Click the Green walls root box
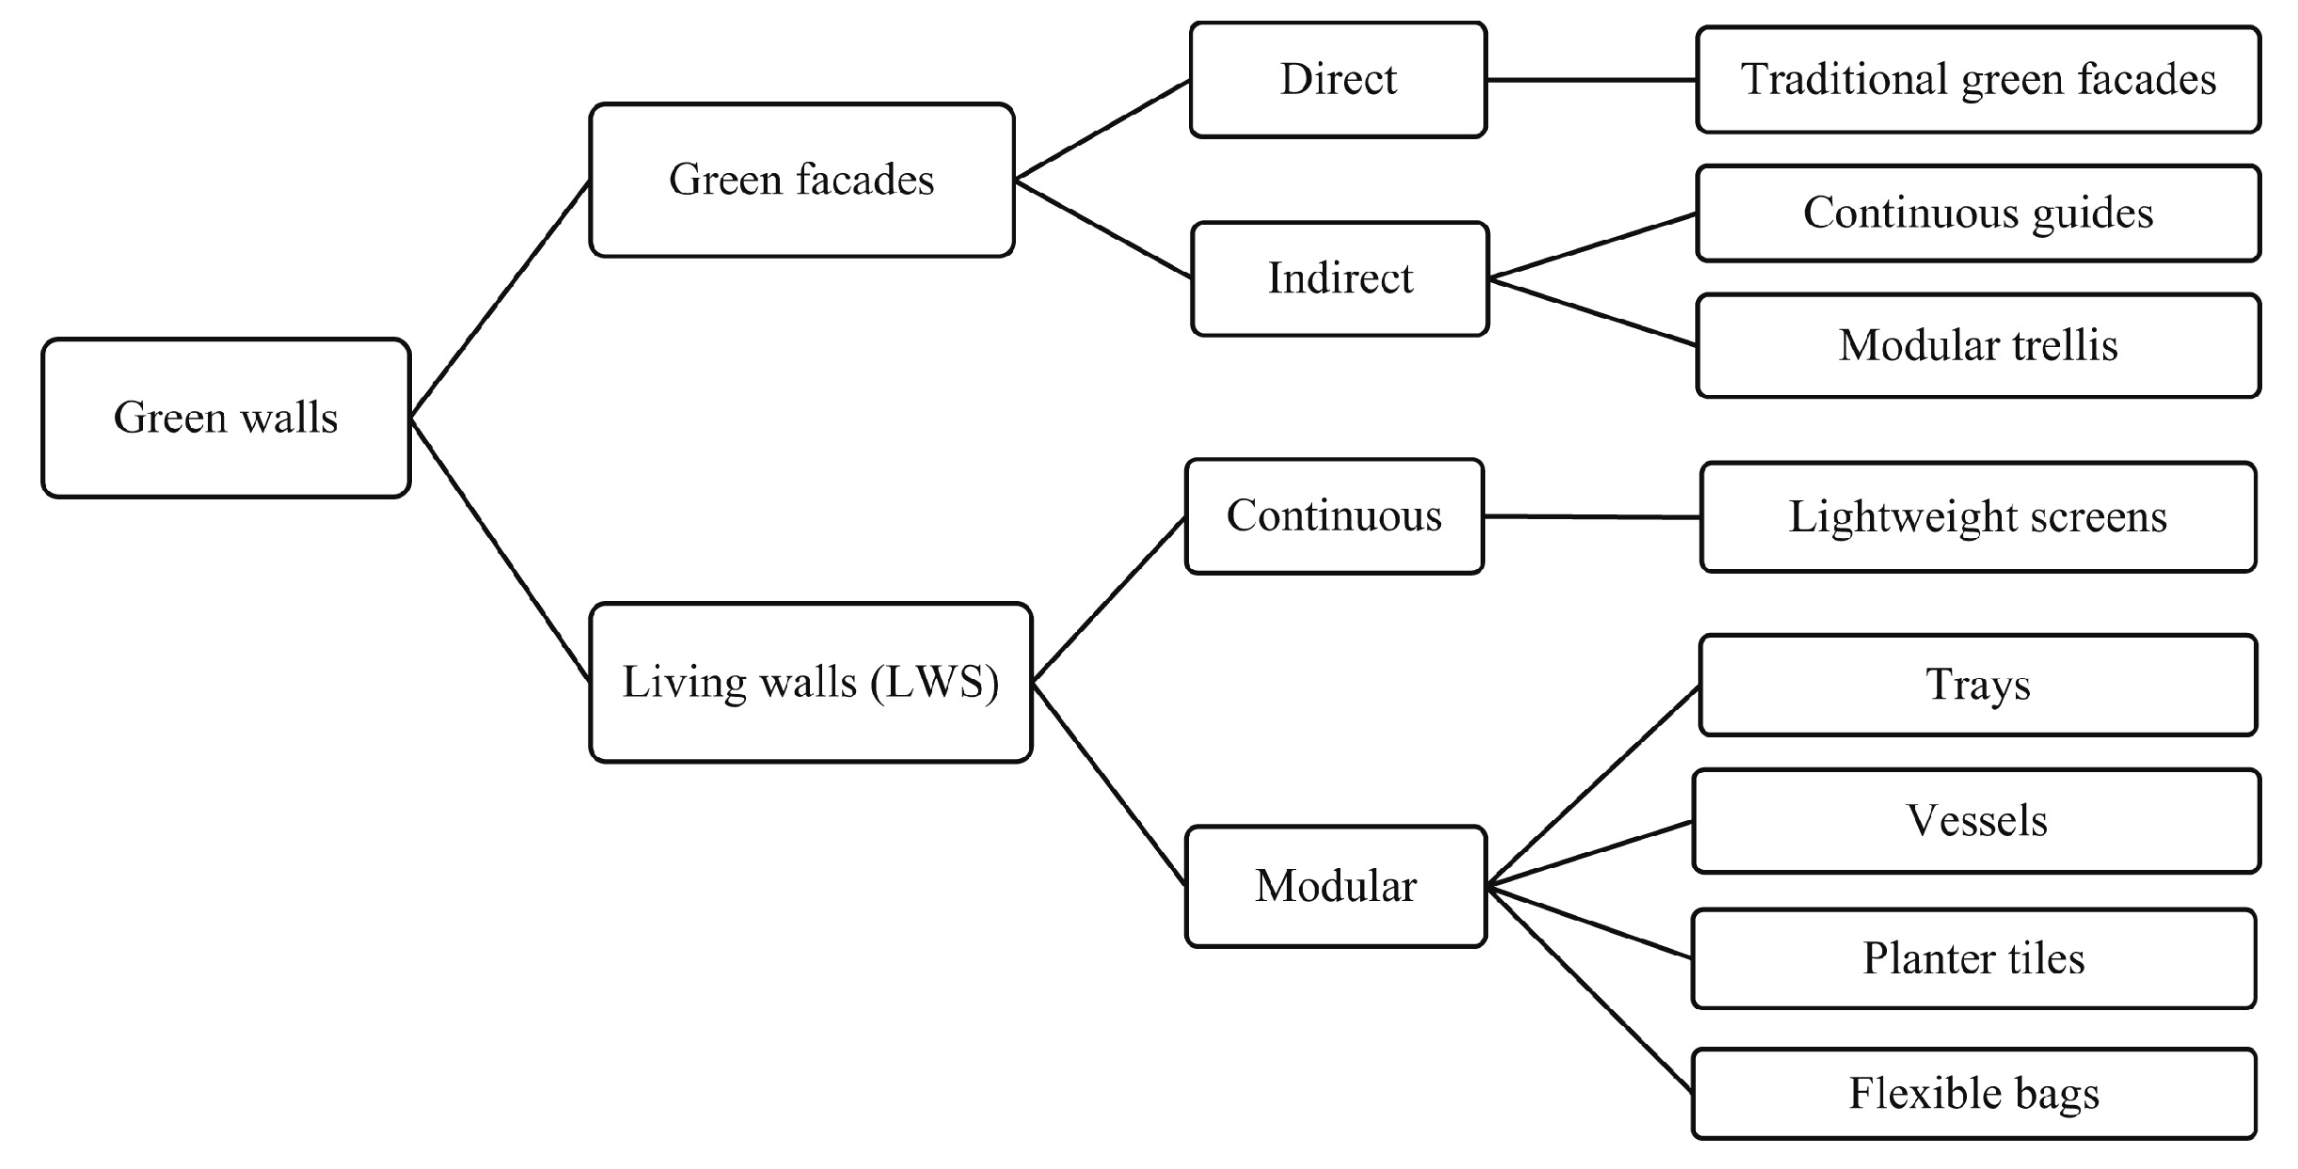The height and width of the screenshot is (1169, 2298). click(226, 418)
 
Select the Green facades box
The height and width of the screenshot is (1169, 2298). click(801, 180)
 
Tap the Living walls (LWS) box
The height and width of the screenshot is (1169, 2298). click(810, 682)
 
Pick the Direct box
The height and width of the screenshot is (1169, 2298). click(1338, 80)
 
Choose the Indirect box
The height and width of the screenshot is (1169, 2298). click(1339, 278)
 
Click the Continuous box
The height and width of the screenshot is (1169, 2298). click(1334, 516)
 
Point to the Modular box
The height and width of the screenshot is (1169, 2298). click(1336, 886)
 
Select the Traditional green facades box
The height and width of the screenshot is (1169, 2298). click(1977, 80)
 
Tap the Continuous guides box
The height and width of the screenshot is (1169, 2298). click(1977, 213)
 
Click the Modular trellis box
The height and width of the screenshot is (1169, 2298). click(1977, 345)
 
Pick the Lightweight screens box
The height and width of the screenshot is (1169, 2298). click(1977, 517)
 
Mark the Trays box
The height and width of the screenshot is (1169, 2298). click(1977, 685)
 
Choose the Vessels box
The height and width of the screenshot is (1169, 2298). click(1975, 821)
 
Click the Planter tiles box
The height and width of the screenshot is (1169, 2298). click(1973, 958)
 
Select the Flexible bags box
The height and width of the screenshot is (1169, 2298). click(1973, 1094)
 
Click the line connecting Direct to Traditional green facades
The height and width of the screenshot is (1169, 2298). click(1592, 80)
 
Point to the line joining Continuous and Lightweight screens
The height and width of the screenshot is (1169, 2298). click(1592, 516)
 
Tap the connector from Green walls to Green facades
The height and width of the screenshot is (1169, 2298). click(500, 298)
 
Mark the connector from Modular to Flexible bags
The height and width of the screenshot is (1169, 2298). click(1590, 989)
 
